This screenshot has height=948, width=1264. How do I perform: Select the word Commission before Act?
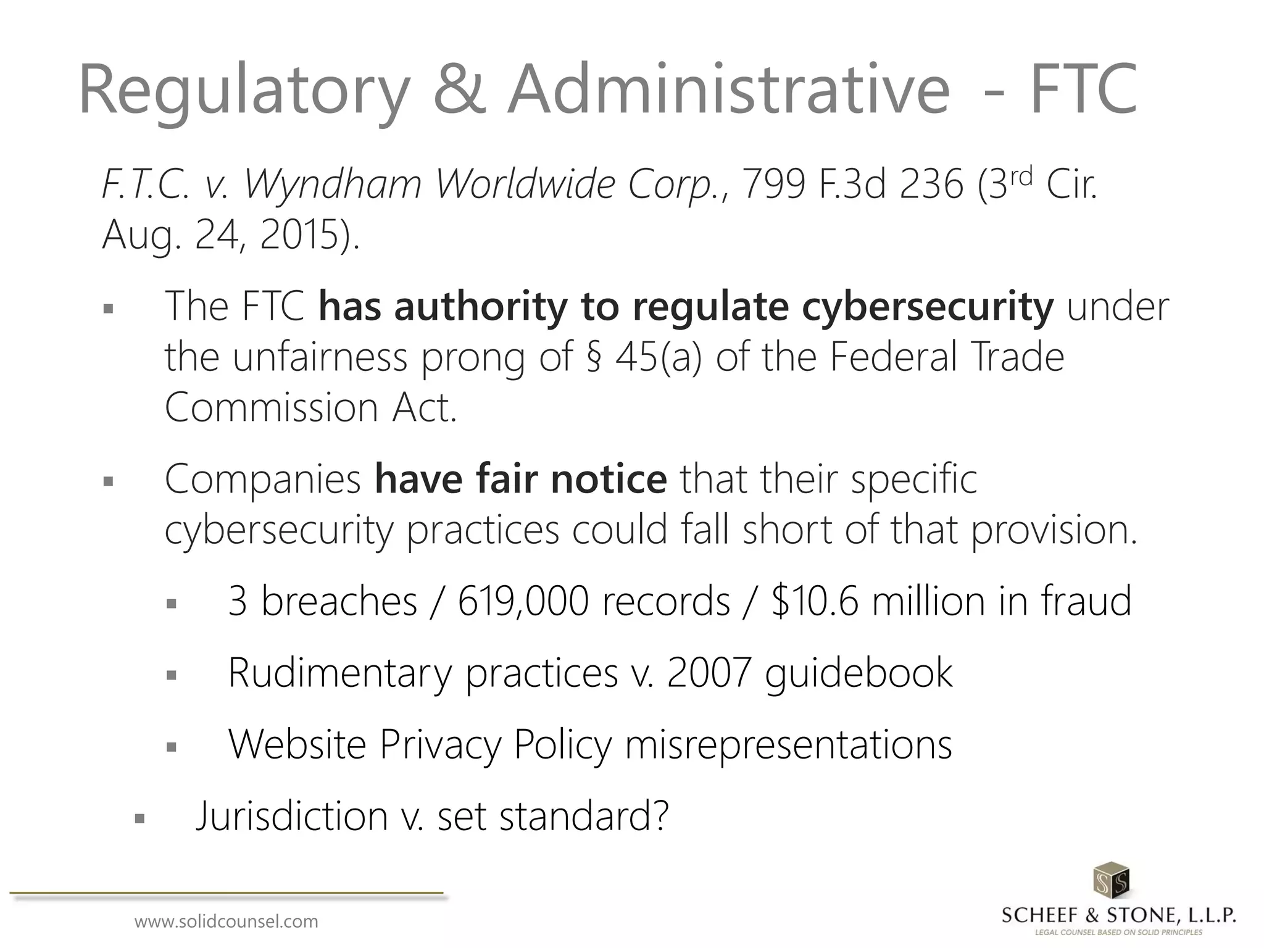coord(272,408)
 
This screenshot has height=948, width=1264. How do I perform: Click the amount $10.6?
coord(815,601)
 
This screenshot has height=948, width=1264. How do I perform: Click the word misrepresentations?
coord(788,744)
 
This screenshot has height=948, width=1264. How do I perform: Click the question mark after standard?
coord(659,816)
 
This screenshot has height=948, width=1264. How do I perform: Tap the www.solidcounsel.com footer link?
coord(227,922)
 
